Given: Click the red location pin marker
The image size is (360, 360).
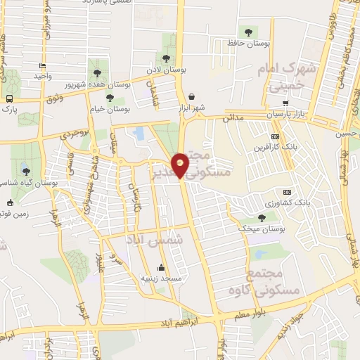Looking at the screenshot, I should [x=181, y=165].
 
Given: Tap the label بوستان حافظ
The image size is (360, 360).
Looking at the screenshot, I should [x=249, y=44].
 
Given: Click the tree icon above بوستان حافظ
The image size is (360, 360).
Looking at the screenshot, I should [x=247, y=31].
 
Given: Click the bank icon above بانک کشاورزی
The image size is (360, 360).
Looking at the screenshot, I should [x=286, y=192].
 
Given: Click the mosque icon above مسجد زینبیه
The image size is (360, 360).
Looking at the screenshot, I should [x=162, y=267].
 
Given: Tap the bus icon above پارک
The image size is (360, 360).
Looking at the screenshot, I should [x=9, y=99].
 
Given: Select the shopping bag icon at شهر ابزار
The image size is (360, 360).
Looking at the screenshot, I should [x=191, y=96].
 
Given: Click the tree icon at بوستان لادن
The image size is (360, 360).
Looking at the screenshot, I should [x=166, y=59].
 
